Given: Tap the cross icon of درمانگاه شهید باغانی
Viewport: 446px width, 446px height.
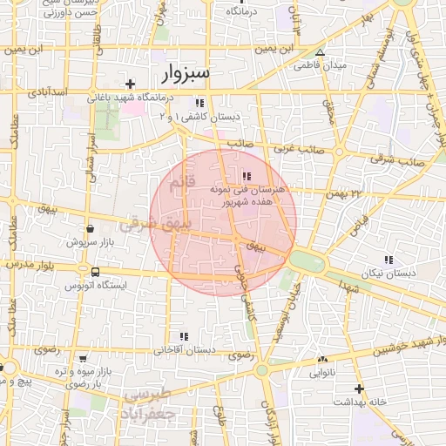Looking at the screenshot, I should (130, 84).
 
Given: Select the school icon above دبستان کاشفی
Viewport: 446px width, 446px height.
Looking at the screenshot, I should (199, 102).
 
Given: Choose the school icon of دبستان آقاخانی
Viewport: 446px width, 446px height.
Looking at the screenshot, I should (183, 336).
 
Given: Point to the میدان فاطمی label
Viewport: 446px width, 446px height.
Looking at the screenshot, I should (320, 65).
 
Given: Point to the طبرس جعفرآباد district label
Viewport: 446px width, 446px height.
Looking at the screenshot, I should (151, 402).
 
